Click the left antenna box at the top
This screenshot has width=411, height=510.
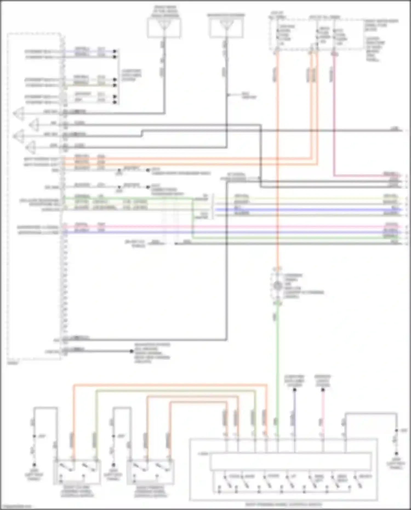[164, 28]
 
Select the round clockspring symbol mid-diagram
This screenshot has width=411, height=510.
[278, 286]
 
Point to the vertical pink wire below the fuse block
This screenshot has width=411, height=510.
[334, 115]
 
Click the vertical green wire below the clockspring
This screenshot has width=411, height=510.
[278, 356]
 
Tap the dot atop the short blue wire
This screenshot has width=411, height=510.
[295, 389]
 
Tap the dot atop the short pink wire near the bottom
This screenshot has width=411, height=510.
[323, 389]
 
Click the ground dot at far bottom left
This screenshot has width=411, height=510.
[35, 465]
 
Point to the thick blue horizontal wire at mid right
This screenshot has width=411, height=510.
[307, 210]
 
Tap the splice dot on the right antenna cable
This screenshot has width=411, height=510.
[227, 95]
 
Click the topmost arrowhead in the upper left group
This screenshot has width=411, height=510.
[115, 51]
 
